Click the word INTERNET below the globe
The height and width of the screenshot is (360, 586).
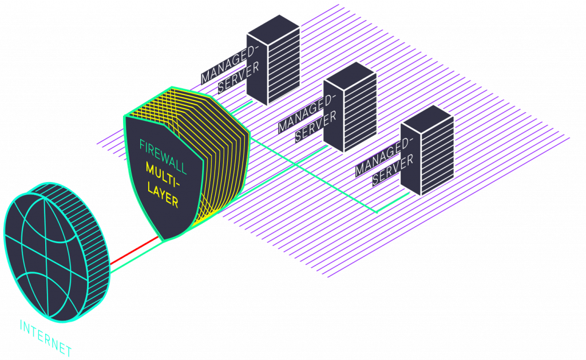click(x=46, y=338)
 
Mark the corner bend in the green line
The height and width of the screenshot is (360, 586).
click(x=377, y=212)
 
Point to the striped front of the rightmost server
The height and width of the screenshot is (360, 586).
click(x=438, y=157)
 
